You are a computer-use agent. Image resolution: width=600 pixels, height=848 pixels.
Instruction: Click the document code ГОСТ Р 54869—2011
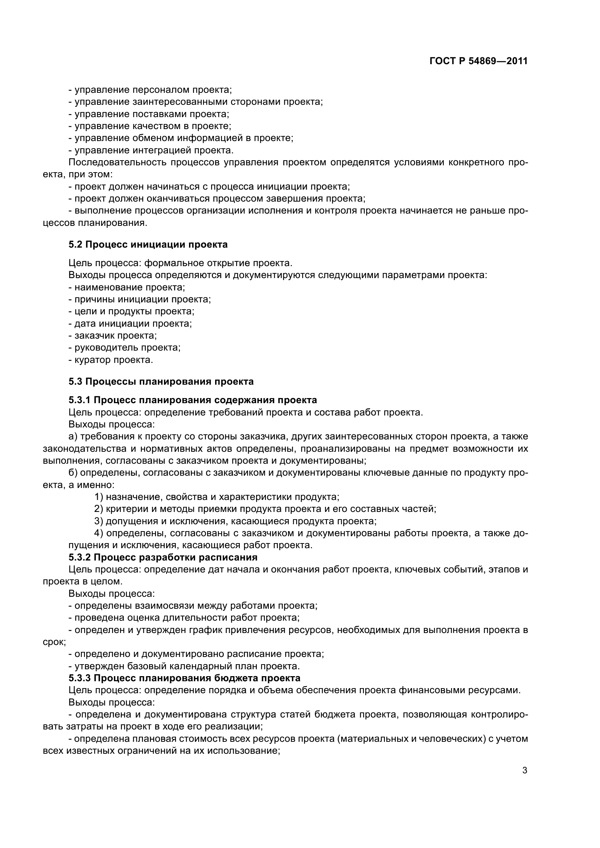point(478,61)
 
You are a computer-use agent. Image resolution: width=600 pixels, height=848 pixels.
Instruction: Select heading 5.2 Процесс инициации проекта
point(148,244)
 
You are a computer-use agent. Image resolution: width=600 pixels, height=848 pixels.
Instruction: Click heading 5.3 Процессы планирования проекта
point(161,381)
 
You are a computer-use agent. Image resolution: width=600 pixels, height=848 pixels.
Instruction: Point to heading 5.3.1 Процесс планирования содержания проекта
point(193,400)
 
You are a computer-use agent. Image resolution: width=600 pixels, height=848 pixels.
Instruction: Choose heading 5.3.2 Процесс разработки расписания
point(163,557)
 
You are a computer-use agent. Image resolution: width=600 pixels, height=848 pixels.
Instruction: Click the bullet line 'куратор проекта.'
point(111,360)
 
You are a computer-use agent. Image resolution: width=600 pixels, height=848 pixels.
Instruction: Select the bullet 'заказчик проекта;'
point(113,336)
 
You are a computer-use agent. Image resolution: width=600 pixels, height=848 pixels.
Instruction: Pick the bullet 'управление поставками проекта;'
point(149,114)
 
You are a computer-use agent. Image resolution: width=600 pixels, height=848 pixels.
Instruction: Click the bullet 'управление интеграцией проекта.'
point(151,150)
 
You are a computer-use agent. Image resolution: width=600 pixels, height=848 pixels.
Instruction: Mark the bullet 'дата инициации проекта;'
point(131,323)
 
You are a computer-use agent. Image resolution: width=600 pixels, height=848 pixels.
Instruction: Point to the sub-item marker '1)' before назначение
point(99,497)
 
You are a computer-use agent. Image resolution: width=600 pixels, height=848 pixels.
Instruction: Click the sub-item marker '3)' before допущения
point(99,521)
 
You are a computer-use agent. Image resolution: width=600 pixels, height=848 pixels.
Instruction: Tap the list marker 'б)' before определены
point(73,473)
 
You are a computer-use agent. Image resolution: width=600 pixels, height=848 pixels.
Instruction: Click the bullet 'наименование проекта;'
point(127,288)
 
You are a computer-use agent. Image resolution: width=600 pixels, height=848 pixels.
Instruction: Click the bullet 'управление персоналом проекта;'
point(150,90)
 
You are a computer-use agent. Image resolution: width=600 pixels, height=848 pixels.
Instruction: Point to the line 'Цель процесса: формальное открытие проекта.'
point(180,263)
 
